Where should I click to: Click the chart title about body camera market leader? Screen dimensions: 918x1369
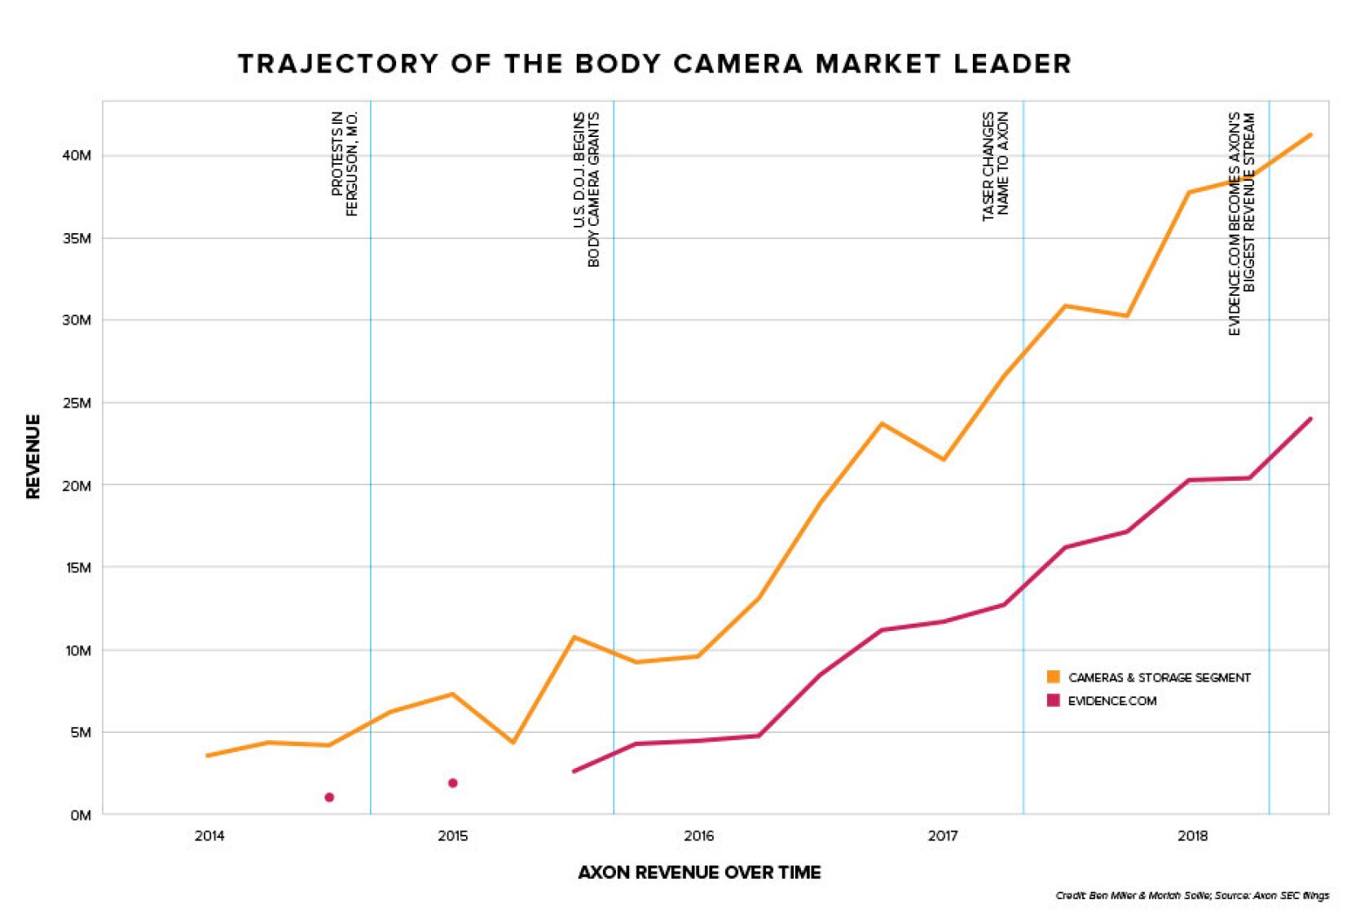(654, 64)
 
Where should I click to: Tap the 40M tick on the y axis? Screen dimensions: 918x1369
(77, 156)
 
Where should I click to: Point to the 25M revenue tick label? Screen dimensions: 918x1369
(77, 404)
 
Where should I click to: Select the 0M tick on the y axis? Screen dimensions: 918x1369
(80, 815)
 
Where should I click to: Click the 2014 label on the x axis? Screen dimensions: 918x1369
(209, 836)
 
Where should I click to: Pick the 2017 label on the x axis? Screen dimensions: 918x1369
(943, 836)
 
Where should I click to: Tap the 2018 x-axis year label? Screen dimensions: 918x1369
(1192, 836)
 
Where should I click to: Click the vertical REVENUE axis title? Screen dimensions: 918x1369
(33, 457)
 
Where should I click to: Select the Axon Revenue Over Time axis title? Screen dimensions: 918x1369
(699, 873)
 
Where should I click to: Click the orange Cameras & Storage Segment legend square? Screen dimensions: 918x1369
(1053, 677)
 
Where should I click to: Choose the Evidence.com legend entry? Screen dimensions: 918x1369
(1111, 701)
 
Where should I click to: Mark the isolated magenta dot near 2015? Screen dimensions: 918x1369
(452, 783)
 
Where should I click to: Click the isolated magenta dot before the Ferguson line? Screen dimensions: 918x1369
(329, 797)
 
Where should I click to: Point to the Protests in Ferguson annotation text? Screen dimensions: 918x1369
(345, 164)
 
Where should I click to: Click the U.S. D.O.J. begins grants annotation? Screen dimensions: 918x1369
(587, 189)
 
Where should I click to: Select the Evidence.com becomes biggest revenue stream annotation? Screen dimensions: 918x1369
(1242, 223)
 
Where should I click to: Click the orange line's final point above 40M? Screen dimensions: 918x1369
(1310, 135)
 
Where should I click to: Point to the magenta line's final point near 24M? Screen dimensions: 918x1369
(1310, 419)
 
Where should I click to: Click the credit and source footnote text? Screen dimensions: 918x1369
(1191, 896)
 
